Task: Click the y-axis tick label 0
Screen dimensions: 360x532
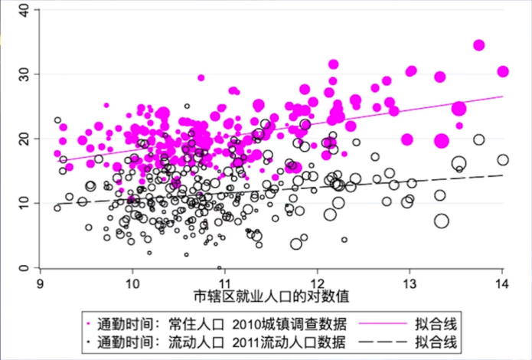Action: [24, 267]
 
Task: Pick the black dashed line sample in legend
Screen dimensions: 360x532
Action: [380, 339]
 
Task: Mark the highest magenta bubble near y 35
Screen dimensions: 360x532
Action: [479, 45]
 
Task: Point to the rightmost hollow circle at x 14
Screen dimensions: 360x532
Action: [503, 160]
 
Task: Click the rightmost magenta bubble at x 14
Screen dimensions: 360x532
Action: [503, 71]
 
